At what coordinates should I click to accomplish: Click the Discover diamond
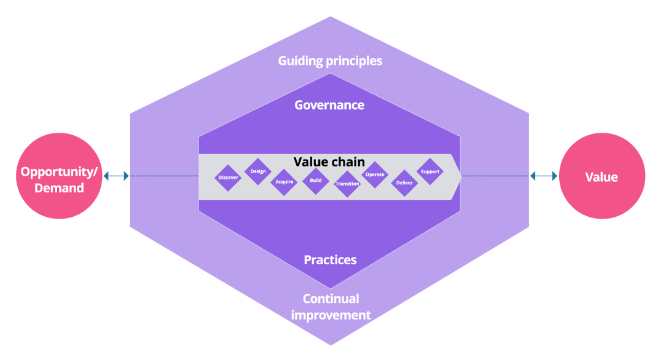(228, 178)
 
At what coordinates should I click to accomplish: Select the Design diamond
(258, 171)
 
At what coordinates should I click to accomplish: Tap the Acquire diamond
(284, 182)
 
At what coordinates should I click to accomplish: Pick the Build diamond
(316, 181)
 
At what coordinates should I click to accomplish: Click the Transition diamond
(347, 184)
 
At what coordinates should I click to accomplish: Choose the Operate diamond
(375, 174)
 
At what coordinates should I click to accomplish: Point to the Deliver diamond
(404, 182)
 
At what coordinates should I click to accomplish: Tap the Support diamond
(430, 171)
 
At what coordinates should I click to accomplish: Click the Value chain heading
(329, 162)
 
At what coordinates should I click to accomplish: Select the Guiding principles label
(330, 61)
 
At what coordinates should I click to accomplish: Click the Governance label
(329, 105)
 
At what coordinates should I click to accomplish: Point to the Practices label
(330, 260)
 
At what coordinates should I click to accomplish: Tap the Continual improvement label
(331, 307)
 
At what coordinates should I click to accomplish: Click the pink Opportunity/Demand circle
(59, 176)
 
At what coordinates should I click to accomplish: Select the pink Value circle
(602, 176)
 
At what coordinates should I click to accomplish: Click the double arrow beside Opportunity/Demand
(116, 176)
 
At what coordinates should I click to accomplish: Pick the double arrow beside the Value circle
(543, 176)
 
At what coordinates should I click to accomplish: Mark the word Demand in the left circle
(59, 188)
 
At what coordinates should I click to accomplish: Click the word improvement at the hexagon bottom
(331, 316)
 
